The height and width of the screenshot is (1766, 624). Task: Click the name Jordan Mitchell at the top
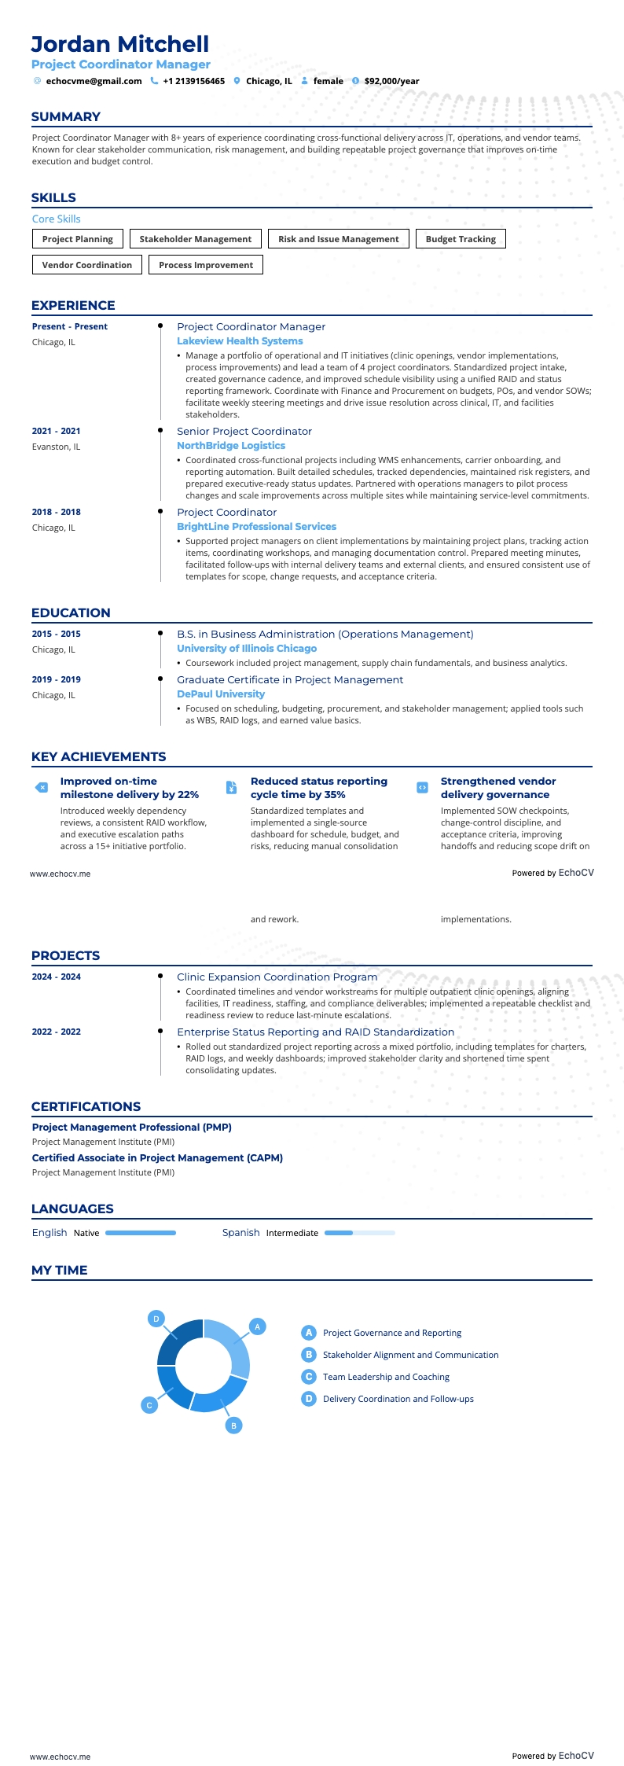[120, 44]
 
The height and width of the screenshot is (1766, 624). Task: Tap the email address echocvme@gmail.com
[94, 81]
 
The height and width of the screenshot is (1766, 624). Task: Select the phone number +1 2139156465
[193, 81]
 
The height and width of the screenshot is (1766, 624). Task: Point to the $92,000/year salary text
[391, 81]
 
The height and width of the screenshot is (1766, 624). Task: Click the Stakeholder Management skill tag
[196, 239]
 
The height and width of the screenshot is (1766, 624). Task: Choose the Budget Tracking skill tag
[461, 239]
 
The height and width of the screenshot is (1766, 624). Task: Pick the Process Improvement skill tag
[206, 265]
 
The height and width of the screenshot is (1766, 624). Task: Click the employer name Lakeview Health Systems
[240, 341]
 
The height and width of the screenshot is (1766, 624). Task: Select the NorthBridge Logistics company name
[231, 446]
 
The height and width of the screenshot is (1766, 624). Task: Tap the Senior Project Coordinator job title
[244, 432]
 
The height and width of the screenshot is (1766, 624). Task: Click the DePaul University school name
[221, 694]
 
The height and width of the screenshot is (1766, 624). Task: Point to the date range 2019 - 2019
[57, 679]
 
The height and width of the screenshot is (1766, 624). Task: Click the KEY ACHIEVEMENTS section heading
[98, 756]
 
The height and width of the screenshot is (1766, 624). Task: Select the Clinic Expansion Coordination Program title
[277, 977]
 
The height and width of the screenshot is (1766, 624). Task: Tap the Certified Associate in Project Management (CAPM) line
[157, 1158]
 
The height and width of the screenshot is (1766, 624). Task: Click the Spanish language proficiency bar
[359, 1233]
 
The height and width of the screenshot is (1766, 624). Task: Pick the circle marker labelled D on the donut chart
[156, 1319]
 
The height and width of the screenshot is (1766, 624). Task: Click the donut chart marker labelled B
[233, 1426]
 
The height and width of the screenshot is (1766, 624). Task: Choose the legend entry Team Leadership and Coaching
[386, 1377]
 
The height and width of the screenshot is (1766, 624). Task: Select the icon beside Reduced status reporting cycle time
[231, 788]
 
